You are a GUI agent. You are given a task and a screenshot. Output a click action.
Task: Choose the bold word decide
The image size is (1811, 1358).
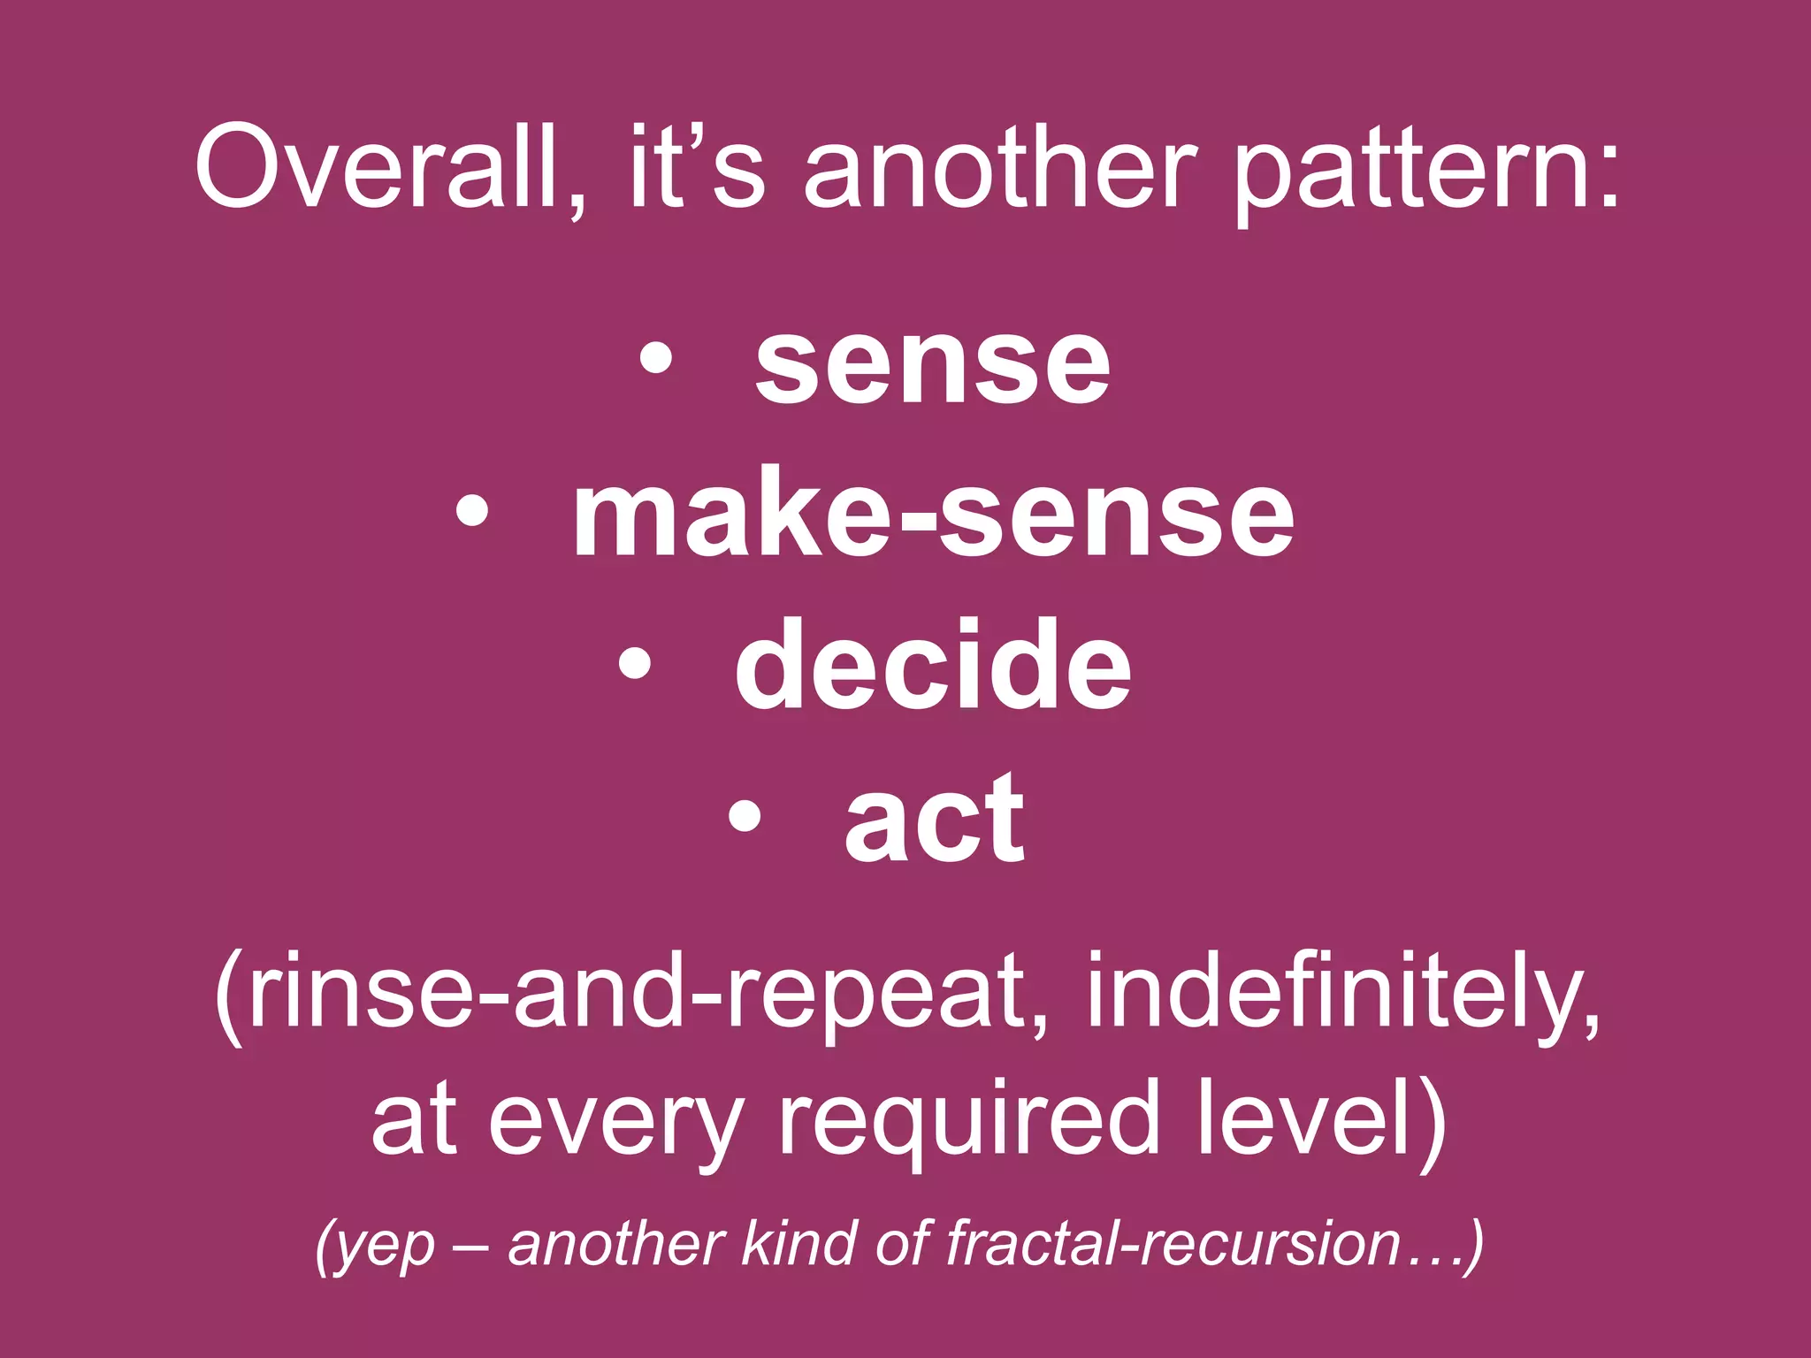(x=932, y=665)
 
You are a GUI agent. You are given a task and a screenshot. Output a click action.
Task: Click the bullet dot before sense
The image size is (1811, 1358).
(x=655, y=362)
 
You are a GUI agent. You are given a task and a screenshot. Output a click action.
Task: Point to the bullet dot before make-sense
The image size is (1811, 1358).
(x=472, y=514)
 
